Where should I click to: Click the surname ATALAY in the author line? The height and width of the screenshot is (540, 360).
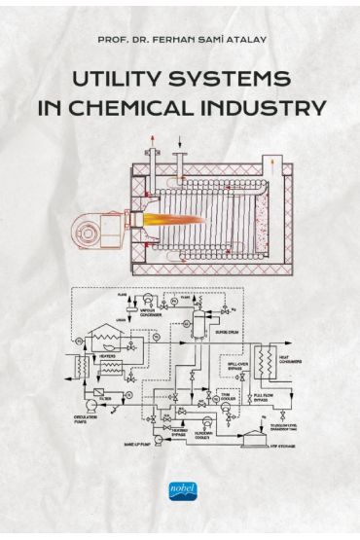244,41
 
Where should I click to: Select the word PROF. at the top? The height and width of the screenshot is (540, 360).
112,41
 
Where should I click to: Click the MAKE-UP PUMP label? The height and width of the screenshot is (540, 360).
139,442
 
